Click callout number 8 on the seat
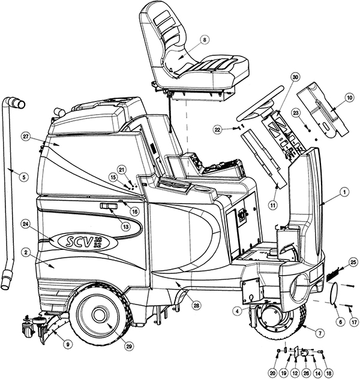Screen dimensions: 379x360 click(x=205, y=40)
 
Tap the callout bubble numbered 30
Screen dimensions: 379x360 click(x=295, y=77)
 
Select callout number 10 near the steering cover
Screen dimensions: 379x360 click(x=349, y=97)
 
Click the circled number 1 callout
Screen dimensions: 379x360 click(x=344, y=192)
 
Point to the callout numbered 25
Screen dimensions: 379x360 click(x=353, y=261)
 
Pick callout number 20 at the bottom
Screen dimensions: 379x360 click(x=274, y=373)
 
